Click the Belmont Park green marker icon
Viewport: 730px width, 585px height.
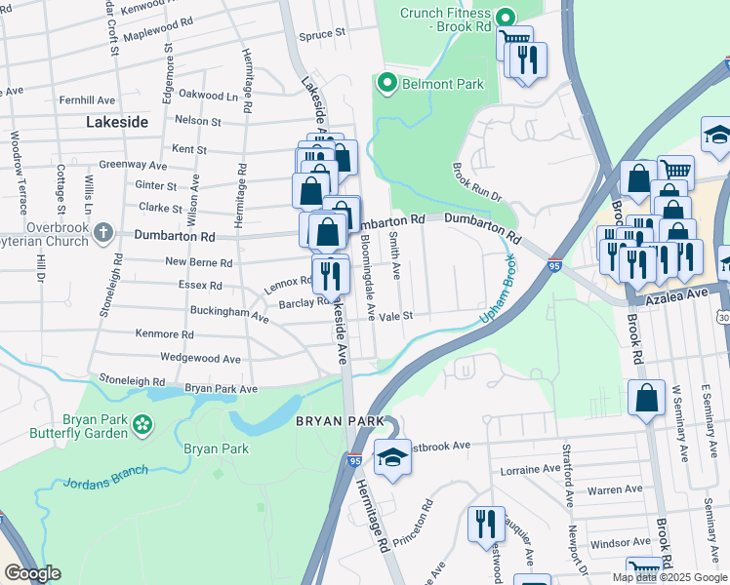point(386,84)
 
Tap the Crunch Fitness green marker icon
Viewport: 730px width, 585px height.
point(505,18)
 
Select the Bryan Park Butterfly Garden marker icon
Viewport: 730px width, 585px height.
point(143,423)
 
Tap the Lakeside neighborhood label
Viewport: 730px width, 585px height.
point(117,122)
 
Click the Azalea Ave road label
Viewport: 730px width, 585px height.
point(674,292)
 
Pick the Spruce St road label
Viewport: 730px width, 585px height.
point(322,33)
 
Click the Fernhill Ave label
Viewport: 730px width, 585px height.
point(87,100)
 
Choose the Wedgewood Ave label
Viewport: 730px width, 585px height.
point(200,359)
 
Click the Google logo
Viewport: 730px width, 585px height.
point(32,573)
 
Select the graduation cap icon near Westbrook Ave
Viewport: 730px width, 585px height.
point(391,456)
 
